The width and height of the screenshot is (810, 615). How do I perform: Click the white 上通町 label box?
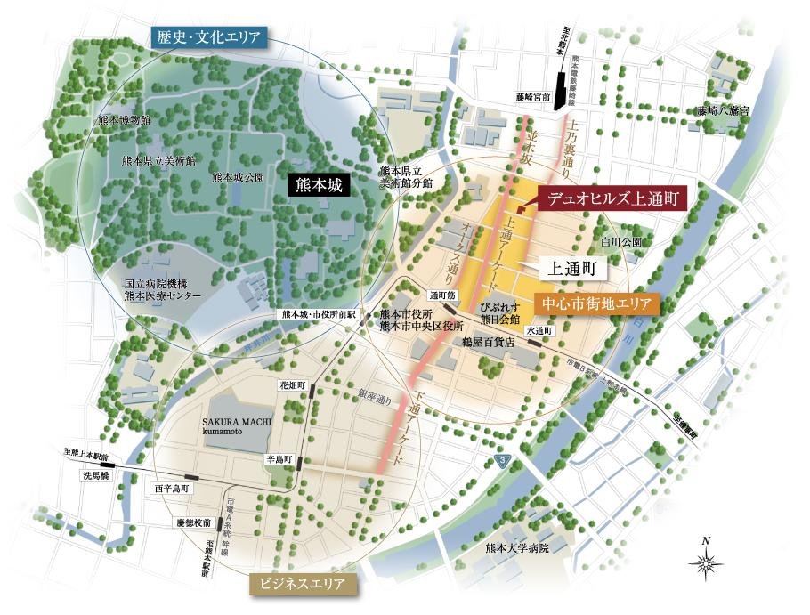coord(577,265)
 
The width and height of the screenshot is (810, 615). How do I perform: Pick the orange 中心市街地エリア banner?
coord(597,304)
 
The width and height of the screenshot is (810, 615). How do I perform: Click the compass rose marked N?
coord(706,562)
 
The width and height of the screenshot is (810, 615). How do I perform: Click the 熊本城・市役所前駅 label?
coord(319,314)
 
